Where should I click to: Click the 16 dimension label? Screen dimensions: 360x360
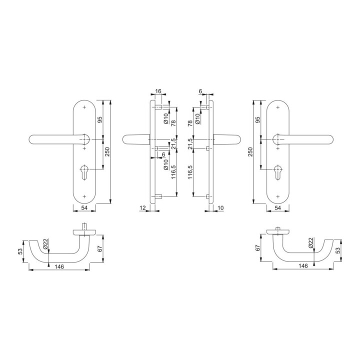pyautogui.click(x=158, y=91)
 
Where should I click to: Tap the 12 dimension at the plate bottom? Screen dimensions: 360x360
pyautogui.click(x=142, y=208)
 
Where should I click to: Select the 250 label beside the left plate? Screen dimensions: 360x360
pyautogui.click(x=107, y=151)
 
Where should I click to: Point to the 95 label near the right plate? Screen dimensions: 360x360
pyautogui.click(x=258, y=120)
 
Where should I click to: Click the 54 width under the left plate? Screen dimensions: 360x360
pyautogui.click(x=84, y=208)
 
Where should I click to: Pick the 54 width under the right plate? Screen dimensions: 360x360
pyautogui.click(x=278, y=208)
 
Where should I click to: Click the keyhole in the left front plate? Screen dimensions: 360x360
pyautogui.click(x=84, y=171)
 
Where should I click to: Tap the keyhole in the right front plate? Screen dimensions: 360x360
pyautogui.click(x=278, y=171)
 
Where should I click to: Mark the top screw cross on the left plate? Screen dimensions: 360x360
pyautogui.click(x=84, y=107)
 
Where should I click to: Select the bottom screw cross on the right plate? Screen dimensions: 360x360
pyautogui.click(x=278, y=196)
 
